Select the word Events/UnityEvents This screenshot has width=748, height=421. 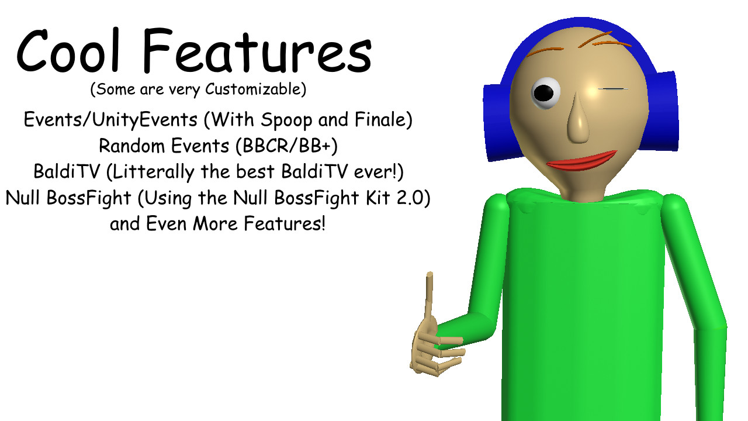click(x=110, y=120)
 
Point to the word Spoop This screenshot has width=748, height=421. click(x=286, y=120)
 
